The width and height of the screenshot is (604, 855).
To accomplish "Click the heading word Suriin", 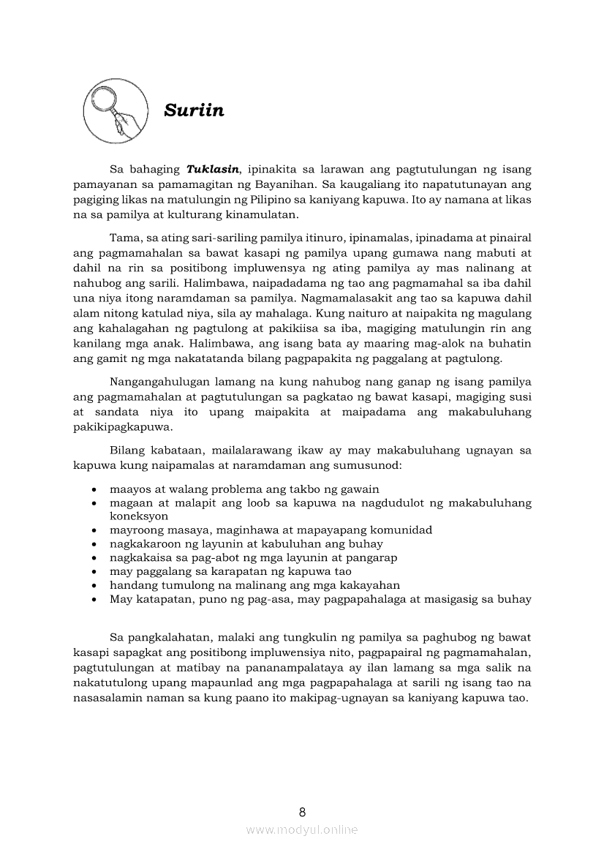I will coord(194,110).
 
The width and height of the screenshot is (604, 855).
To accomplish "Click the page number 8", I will coord(302,812).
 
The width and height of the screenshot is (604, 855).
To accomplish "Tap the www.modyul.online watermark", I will coord(302,829).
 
